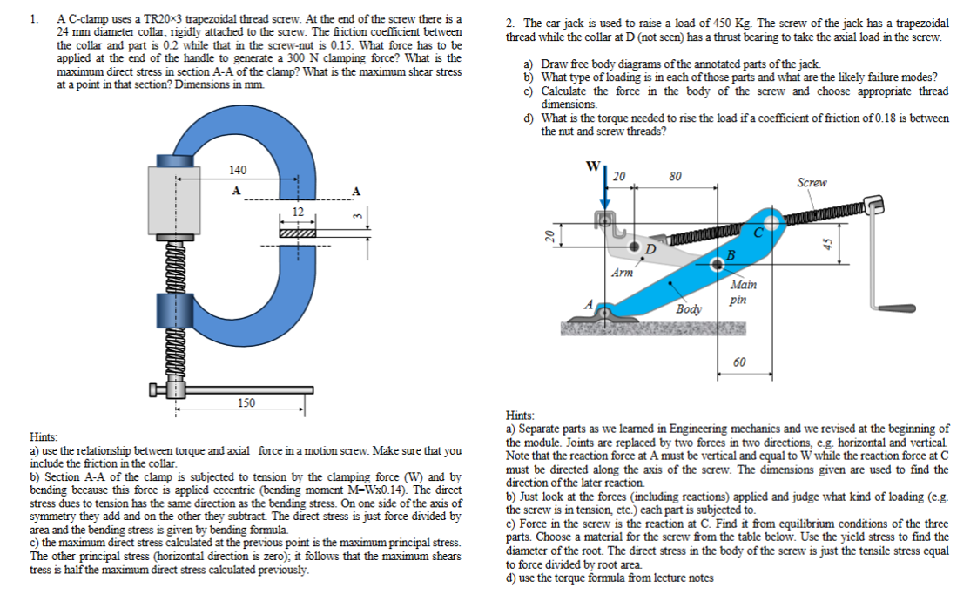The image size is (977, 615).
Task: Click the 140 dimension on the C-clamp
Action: pyautogui.click(x=238, y=170)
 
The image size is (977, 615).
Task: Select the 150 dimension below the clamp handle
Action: pyautogui.click(x=247, y=402)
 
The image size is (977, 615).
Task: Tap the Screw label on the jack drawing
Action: pyautogui.click(x=812, y=183)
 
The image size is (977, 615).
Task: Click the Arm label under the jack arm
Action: pyautogui.click(x=622, y=273)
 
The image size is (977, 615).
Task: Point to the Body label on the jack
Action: pyautogui.click(x=688, y=309)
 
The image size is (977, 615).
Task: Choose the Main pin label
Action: pyautogui.click(x=743, y=291)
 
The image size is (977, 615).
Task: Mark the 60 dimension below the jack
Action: pyautogui.click(x=739, y=362)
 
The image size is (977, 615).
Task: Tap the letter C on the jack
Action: pyautogui.click(x=757, y=233)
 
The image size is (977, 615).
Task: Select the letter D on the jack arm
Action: pyautogui.click(x=648, y=248)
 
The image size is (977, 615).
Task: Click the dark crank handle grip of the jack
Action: pyautogui.click(x=895, y=307)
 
